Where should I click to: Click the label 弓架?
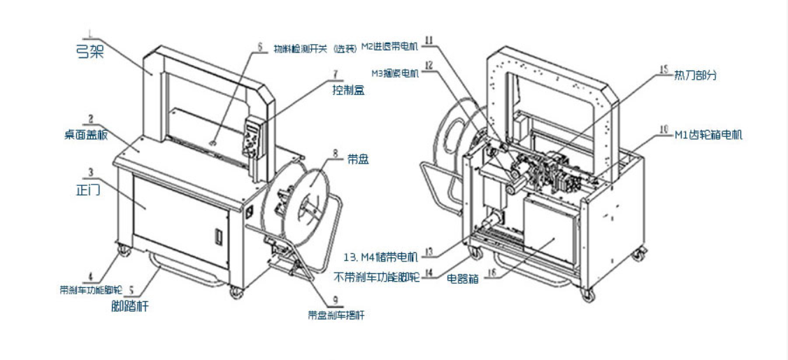click(89, 51)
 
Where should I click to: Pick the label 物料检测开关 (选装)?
click(312, 48)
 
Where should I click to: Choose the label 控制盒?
click(349, 90)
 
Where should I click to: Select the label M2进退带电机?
click(389, 47)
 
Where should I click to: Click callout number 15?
click(663, 69)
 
